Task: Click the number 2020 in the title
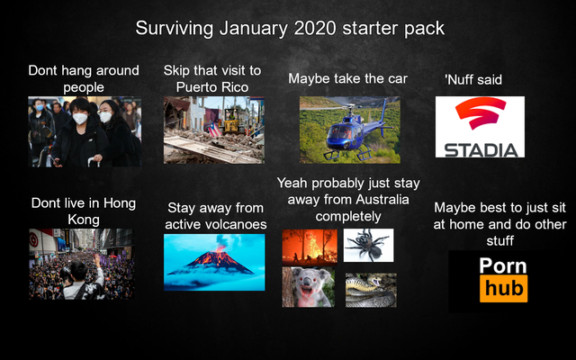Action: tap(315, 28)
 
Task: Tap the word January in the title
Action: tap(254, 29)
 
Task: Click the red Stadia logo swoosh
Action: tap(480, 112)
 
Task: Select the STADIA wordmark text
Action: tap(481, 150)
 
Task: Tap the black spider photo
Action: tap(368, 246)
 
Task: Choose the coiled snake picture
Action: tap(371, 290)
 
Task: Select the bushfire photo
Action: tap(310, 247)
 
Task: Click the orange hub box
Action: tap(504, 288)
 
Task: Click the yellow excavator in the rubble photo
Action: tap(232, 121)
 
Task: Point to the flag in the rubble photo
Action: tap(215, 130)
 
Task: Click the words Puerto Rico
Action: tap(212, 87)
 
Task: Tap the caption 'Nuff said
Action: tap(473, 80)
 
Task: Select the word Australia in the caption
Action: tap(382, 200)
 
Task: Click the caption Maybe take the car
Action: tap(348, 78)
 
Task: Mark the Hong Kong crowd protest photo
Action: tap(82, 264)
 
